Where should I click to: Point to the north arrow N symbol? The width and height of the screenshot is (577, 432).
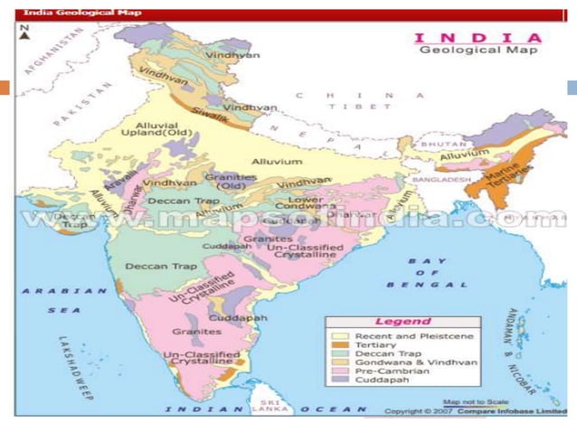pos(24,35)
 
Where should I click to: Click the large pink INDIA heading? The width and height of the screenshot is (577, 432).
pos(477,37)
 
